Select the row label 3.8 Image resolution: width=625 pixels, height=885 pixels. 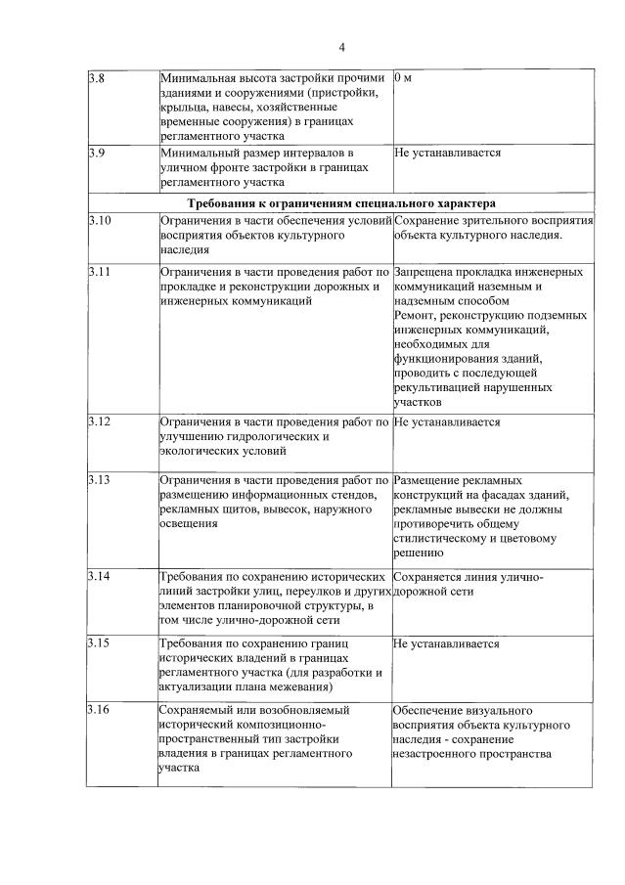tap(95, 76)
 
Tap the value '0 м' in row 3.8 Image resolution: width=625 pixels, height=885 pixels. tap(403, 76)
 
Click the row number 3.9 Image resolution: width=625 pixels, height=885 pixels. tap(95, 154)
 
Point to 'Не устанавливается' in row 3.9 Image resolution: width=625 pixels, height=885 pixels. tap(447, 154)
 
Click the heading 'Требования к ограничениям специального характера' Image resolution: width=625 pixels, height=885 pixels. tap(341, 203)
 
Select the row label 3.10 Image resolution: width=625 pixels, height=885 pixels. tap(99, 220)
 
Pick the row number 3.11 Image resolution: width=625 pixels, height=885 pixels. tap(98, 271)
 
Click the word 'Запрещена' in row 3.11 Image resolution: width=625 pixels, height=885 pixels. tap(426, 271)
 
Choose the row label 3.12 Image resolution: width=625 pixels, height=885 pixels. tap(98, 422)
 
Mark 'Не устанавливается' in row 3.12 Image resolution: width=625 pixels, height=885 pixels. tap(447, 422)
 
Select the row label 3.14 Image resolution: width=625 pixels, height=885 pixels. tap(98, 577)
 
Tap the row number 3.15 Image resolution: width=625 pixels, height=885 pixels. tap(98, 643)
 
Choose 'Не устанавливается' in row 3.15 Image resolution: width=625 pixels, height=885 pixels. tap(447, 643)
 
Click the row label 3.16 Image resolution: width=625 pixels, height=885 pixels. tap(98, 709)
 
